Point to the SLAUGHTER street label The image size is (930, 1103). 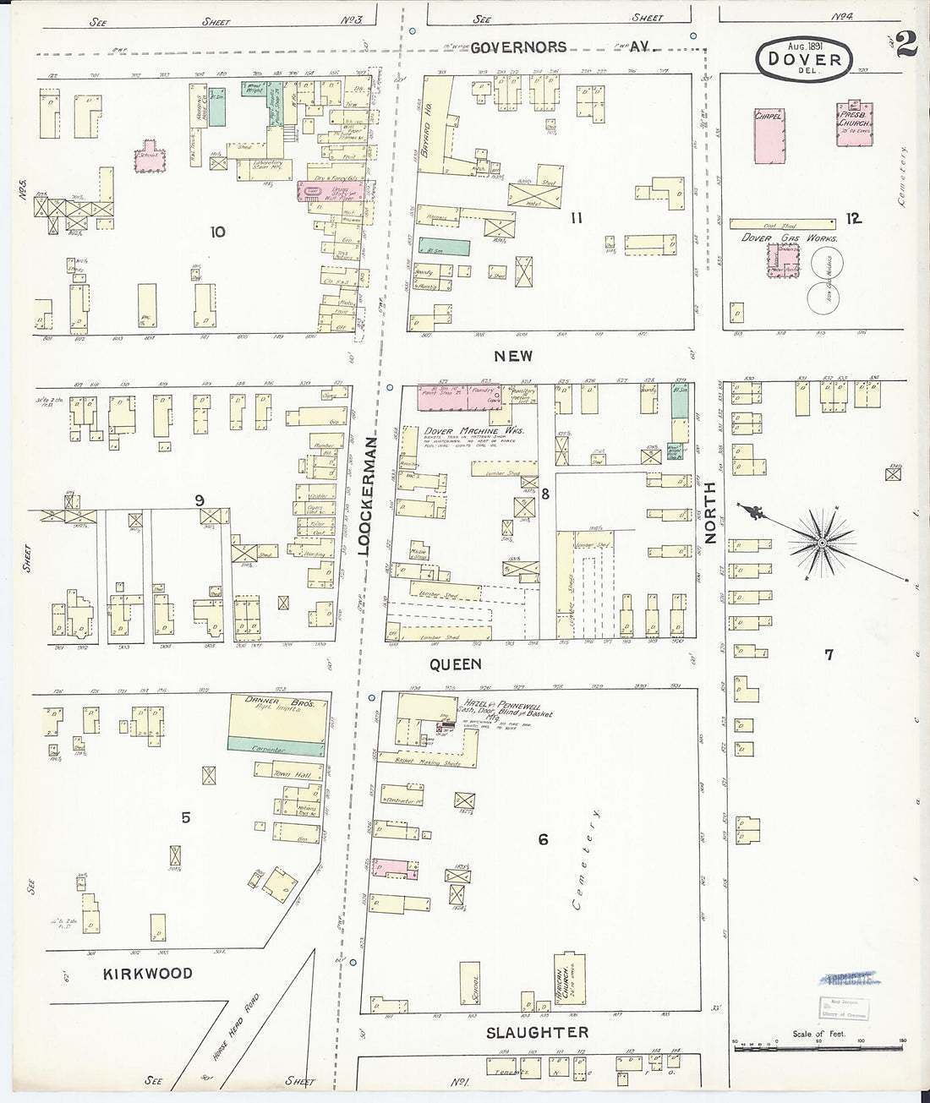click(538, 1033)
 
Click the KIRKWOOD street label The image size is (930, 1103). click(149, 974)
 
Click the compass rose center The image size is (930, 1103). click(820, 541)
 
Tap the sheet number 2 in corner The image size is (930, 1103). click(905, 44)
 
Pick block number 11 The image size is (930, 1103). click(577, 218)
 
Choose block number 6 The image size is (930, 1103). click(543, 839)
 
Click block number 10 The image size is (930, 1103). click(217, 231)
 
